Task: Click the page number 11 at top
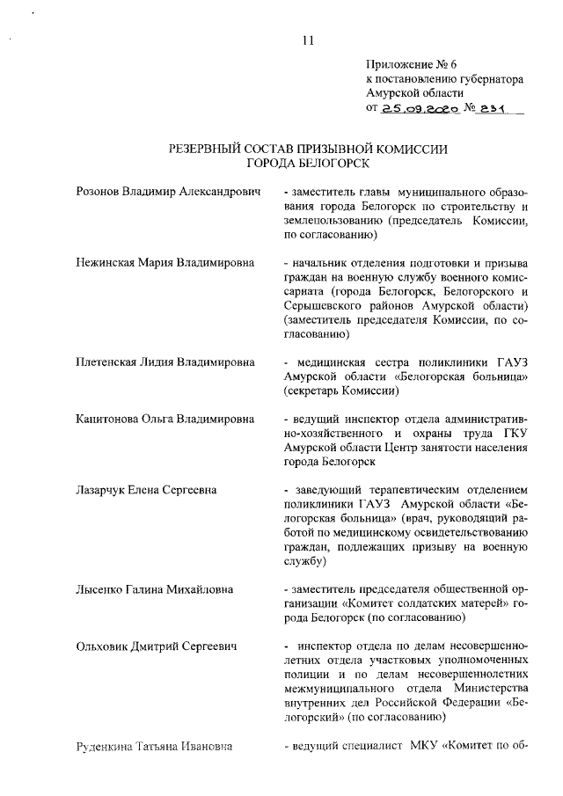click(308, 39)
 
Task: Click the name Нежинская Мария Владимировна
click(165, 263)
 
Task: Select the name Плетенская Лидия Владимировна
click(165, 361)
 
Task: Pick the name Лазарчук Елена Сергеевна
click(147, 488)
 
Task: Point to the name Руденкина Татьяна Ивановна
click(155, 748)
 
